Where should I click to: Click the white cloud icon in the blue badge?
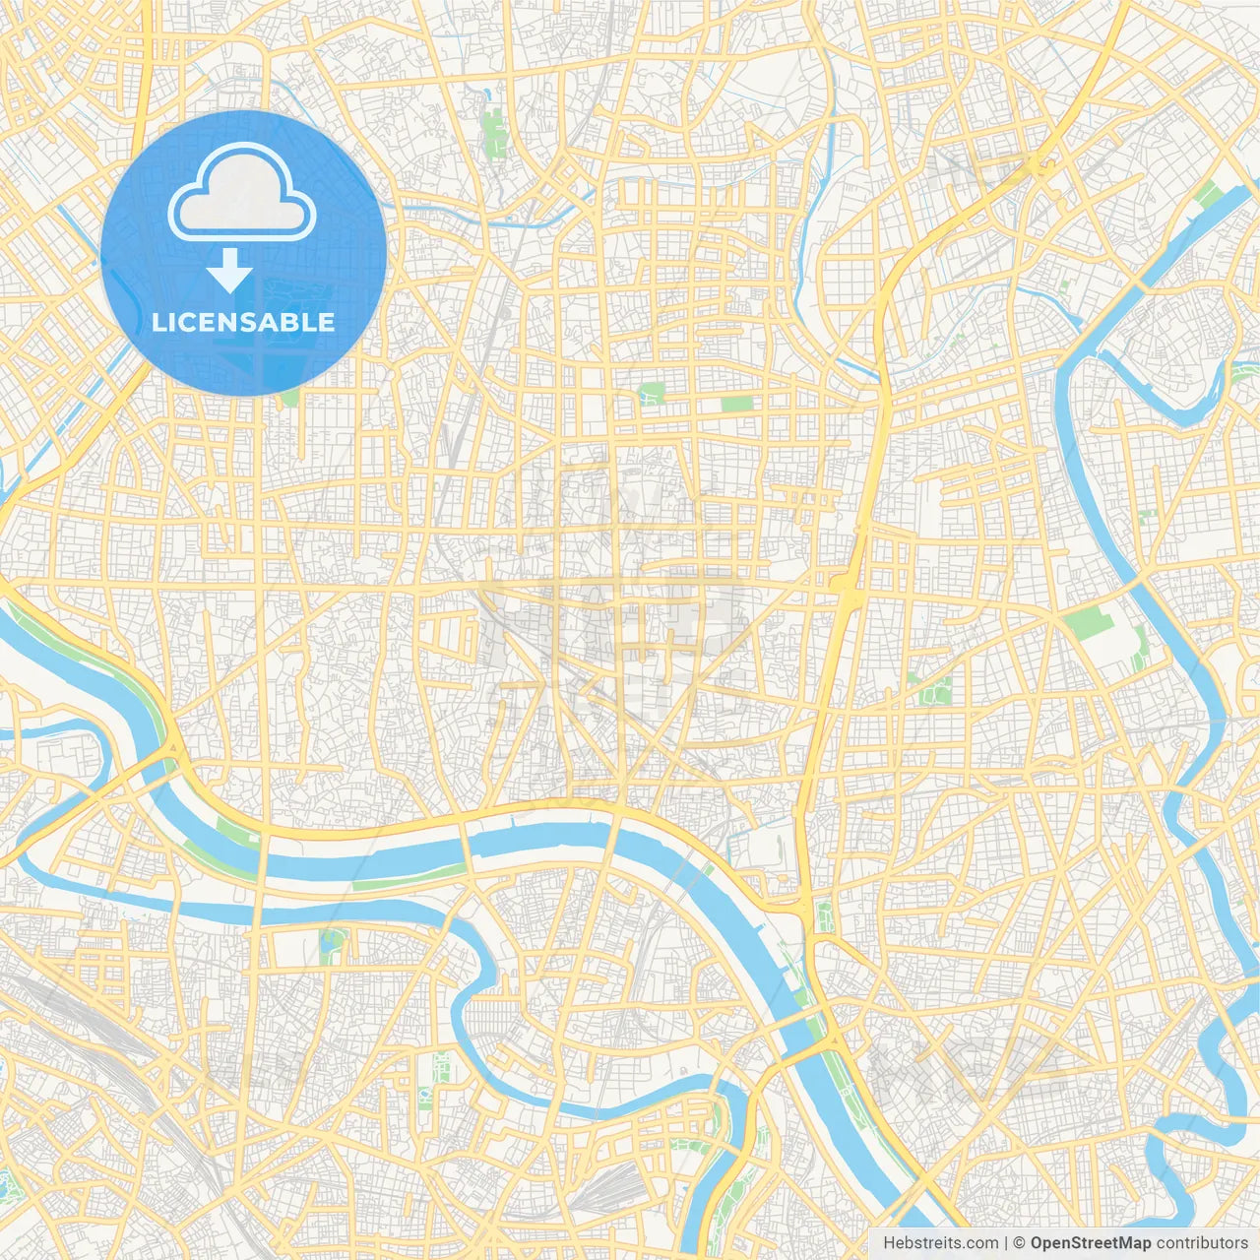coord(242,193)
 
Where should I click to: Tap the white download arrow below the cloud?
coord(229,270)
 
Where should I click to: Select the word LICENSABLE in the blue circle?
coord(243,322)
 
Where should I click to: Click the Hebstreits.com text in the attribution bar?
coord(940,1243)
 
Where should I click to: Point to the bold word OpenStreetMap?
coord(1090,1243)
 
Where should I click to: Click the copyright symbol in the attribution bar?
coord(1019,1243)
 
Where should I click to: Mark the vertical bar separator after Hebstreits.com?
coord(1005,1243)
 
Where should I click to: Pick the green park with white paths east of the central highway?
coord(935,690)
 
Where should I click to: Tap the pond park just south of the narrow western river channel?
coord(332,946)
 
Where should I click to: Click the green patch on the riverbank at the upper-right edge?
coord(1207,194)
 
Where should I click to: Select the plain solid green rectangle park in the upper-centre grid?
coord(735,404)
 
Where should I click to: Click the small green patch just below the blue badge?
coord(289,398)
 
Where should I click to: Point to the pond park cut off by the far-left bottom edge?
coord(8,1186)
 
